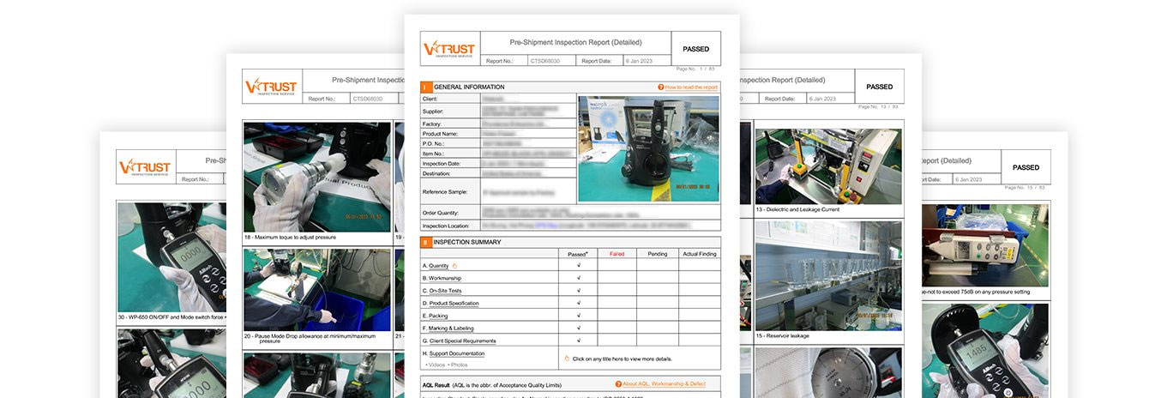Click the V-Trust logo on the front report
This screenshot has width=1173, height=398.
pyautogui.click(x=448, y=49)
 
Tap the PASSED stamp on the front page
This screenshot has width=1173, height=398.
pyautogui.click(x=695, y=49)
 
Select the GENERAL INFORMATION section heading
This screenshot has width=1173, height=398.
pyautogui.click(x=469, y=87)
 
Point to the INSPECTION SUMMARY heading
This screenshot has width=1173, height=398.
pyautogui.click(x=467, y=242)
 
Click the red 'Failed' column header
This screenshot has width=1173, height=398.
pyautogui.click(x=616, y=254)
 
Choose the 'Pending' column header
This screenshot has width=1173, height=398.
pyautogui.click(x=657, y=254)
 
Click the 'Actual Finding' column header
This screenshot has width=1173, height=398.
pyautogui.click(x=699, y=254)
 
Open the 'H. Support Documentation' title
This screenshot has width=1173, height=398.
pyautogui.click(x=456, y=353)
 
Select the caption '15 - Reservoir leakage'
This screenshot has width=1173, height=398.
pyautogui.click(x=782, y=335)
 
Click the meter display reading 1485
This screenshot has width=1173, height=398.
pyautogui.click(x=977, y=353)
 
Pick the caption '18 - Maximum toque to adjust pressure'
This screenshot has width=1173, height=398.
pyautogui.click(x=292, y=237)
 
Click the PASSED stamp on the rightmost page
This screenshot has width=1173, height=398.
pyautogui.click(x=1026, y=167)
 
